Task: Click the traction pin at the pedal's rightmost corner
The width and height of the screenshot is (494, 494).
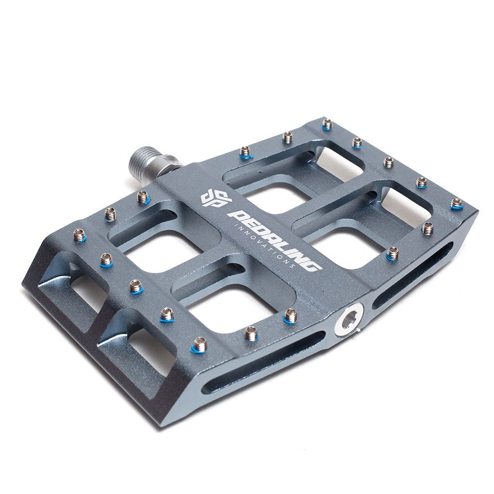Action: [456, 204]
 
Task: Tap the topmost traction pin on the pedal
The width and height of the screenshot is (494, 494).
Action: [328, 124]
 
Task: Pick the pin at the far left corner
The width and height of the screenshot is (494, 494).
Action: [80, 235]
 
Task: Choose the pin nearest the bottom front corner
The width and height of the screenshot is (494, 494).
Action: [199, 345]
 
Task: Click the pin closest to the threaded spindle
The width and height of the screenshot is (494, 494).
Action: [143, 196]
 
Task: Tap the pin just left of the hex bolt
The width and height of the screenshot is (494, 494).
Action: [290, 316]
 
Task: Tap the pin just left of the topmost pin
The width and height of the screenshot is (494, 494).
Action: [288, 137]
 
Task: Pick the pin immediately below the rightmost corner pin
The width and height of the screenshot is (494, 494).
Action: [427, 228]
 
